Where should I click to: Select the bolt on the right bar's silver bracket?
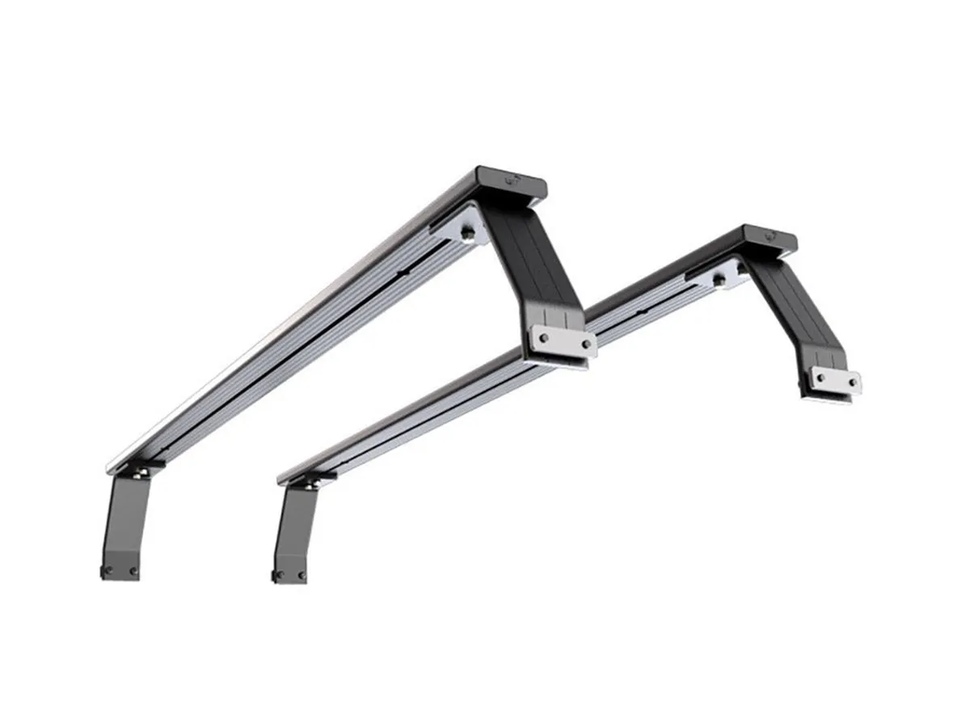[719, 280]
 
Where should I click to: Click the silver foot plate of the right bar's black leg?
[836, 379]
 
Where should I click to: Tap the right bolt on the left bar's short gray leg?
[133, 571]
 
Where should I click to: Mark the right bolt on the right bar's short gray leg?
[302, 575]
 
